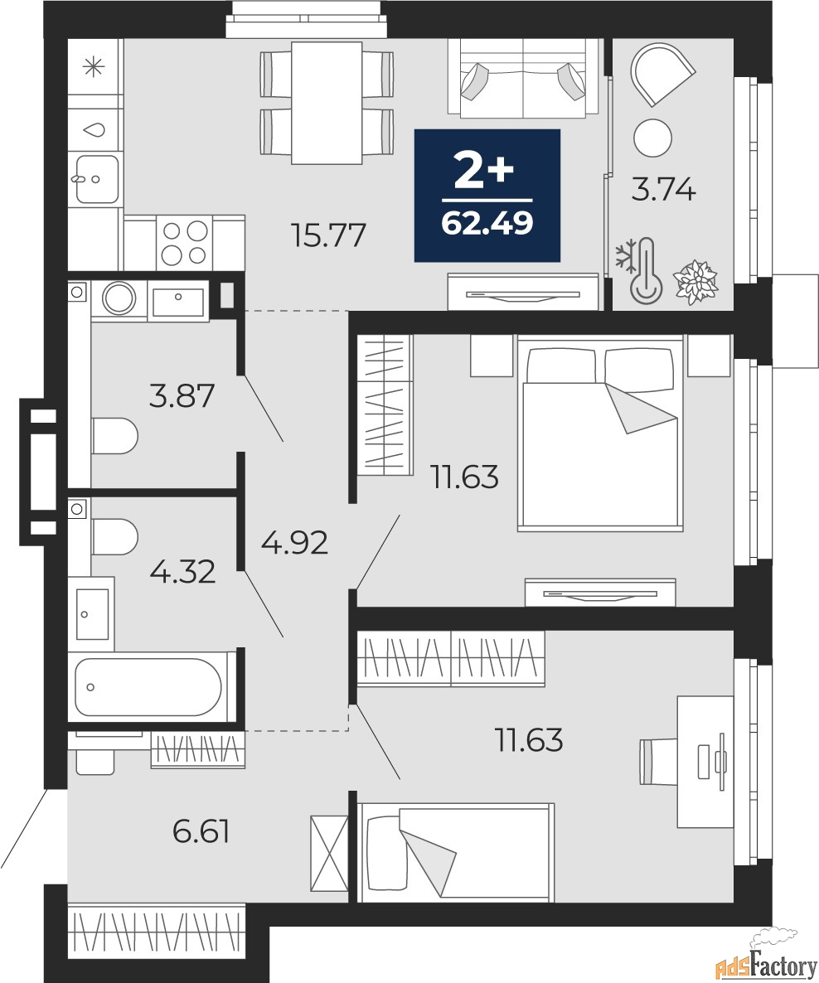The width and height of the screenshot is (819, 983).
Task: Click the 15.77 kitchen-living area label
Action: [x=328, y=235]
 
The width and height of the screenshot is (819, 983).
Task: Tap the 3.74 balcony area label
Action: [x=663, y=189]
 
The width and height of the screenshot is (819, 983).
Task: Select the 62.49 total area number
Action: [x=487, y=223]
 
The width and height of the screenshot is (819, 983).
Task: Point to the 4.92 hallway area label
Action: [x=294, y=542]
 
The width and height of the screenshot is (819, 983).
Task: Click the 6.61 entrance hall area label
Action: [x=201, y=831]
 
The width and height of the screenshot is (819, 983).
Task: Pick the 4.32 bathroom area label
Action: [x=182, y=571]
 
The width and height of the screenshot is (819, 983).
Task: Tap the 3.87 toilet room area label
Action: [x=182, y=395]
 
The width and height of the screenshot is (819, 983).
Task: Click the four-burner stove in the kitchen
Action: [x=184, y=243]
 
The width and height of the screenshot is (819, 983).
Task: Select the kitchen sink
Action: [x=97, y=179]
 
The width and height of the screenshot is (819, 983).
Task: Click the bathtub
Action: [x=148, y=686]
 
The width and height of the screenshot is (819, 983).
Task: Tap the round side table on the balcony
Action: [x=652, y=138]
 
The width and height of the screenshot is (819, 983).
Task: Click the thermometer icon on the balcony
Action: [x=646, y=272]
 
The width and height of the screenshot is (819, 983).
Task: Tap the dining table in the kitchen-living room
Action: [x=327, y=103]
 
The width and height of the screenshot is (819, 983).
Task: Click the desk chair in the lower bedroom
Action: [x=658, y=761]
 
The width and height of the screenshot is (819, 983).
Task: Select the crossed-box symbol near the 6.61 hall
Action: [x=329, y=853]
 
